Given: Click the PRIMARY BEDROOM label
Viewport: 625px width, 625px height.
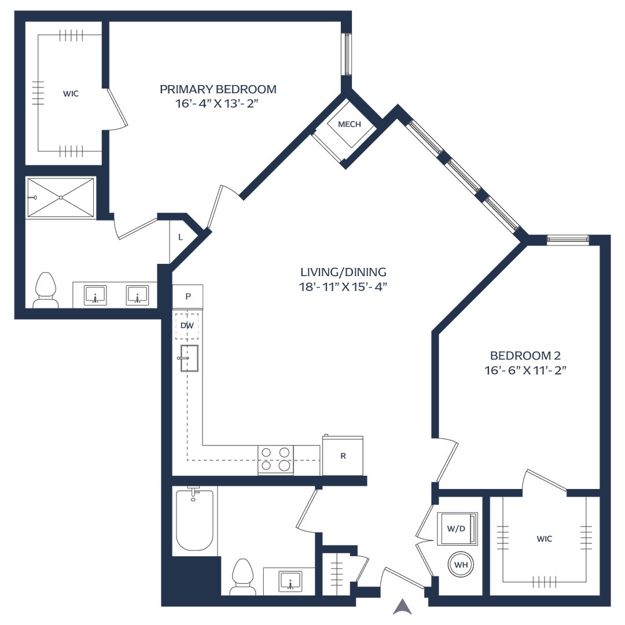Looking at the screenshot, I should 218,90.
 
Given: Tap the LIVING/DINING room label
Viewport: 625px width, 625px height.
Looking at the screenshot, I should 343,272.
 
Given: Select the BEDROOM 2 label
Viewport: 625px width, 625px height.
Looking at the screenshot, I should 525,356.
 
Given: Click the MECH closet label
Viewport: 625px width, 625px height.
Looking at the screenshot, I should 350,124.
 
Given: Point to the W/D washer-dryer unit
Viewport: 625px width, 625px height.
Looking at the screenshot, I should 457,529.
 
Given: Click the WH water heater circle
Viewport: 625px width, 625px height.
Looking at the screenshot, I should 461,564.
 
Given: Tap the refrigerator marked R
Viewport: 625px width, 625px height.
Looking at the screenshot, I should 343,455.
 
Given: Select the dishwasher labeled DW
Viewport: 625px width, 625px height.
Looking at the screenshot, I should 187,326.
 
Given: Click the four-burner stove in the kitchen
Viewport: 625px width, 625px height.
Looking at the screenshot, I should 275,459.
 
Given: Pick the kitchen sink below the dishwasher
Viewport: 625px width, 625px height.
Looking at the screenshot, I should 189,358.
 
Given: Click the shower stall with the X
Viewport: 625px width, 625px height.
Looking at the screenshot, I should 60,198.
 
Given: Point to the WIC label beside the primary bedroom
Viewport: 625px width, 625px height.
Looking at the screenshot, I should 71,93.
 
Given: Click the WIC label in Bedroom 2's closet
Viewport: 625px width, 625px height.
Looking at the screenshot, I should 544,539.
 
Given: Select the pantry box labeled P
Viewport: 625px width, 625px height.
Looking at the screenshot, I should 188,296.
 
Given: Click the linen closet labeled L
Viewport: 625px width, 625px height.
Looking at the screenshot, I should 181,237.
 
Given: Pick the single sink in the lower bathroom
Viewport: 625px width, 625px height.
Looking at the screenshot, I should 289,579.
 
